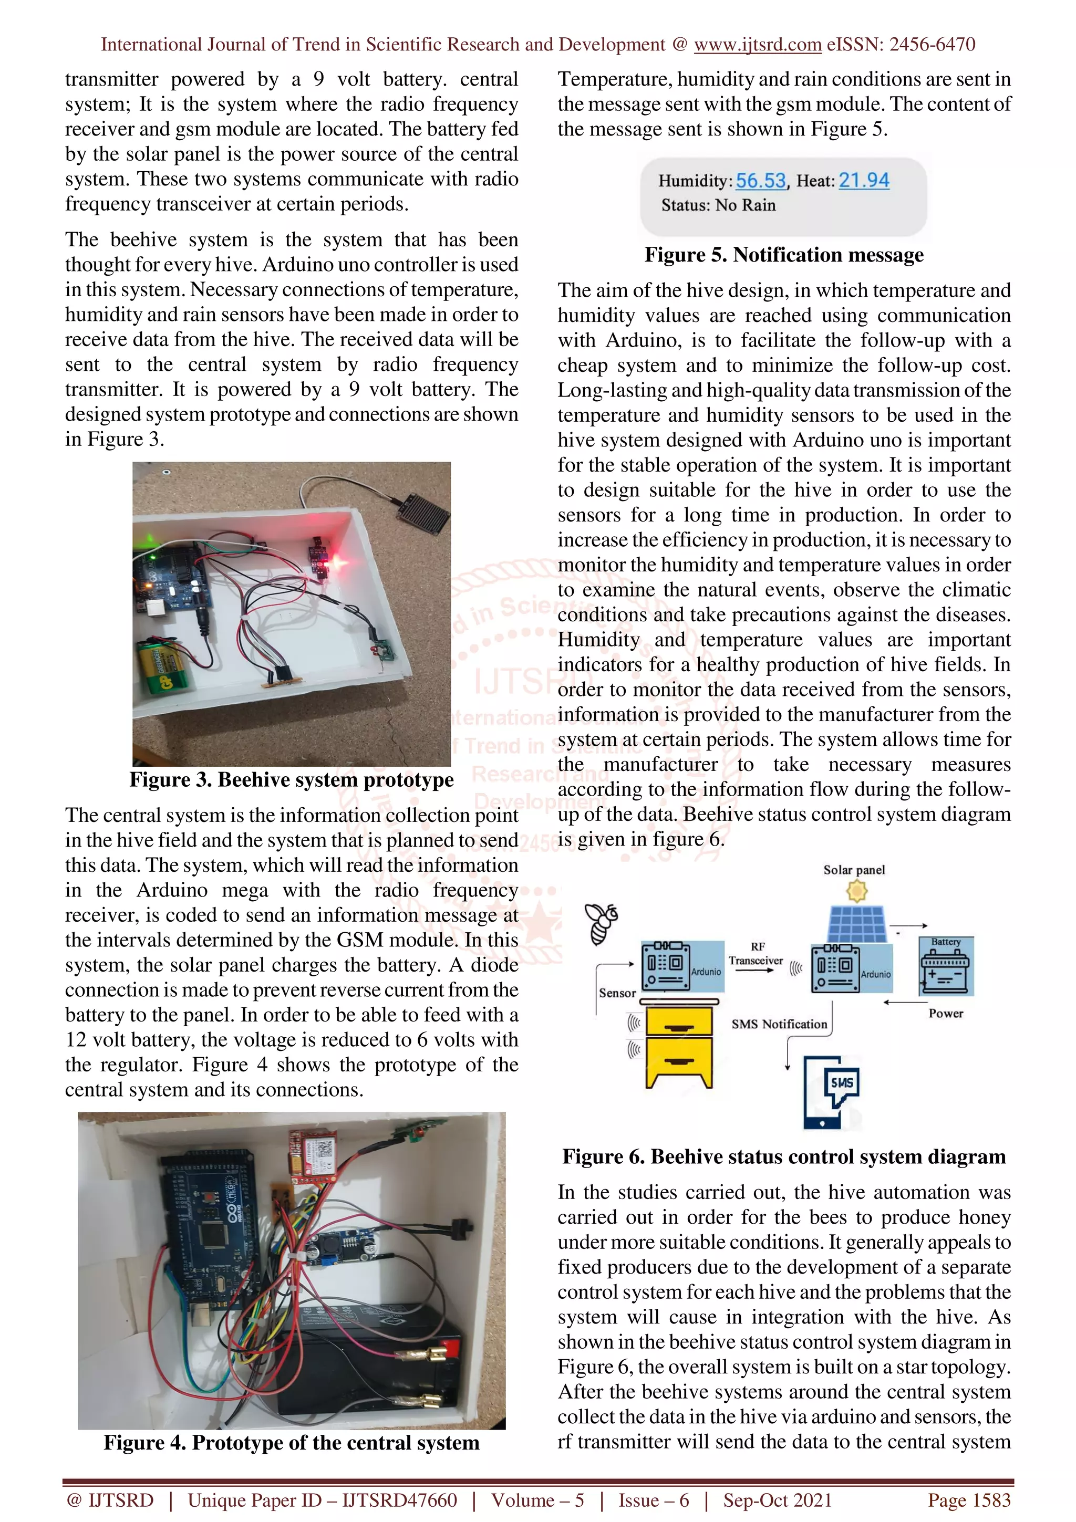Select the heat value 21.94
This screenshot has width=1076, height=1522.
tap(864, 180)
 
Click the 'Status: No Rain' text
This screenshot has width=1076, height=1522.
tap(718, 205)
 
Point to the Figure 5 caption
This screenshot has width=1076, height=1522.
tap(784, 255)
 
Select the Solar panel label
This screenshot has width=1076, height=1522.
tap(854, 870)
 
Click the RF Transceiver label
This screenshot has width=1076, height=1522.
tap(756, 953)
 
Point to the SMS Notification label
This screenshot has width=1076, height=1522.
tap(779, 1024)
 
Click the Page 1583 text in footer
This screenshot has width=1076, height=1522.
tap(969, 1500)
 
